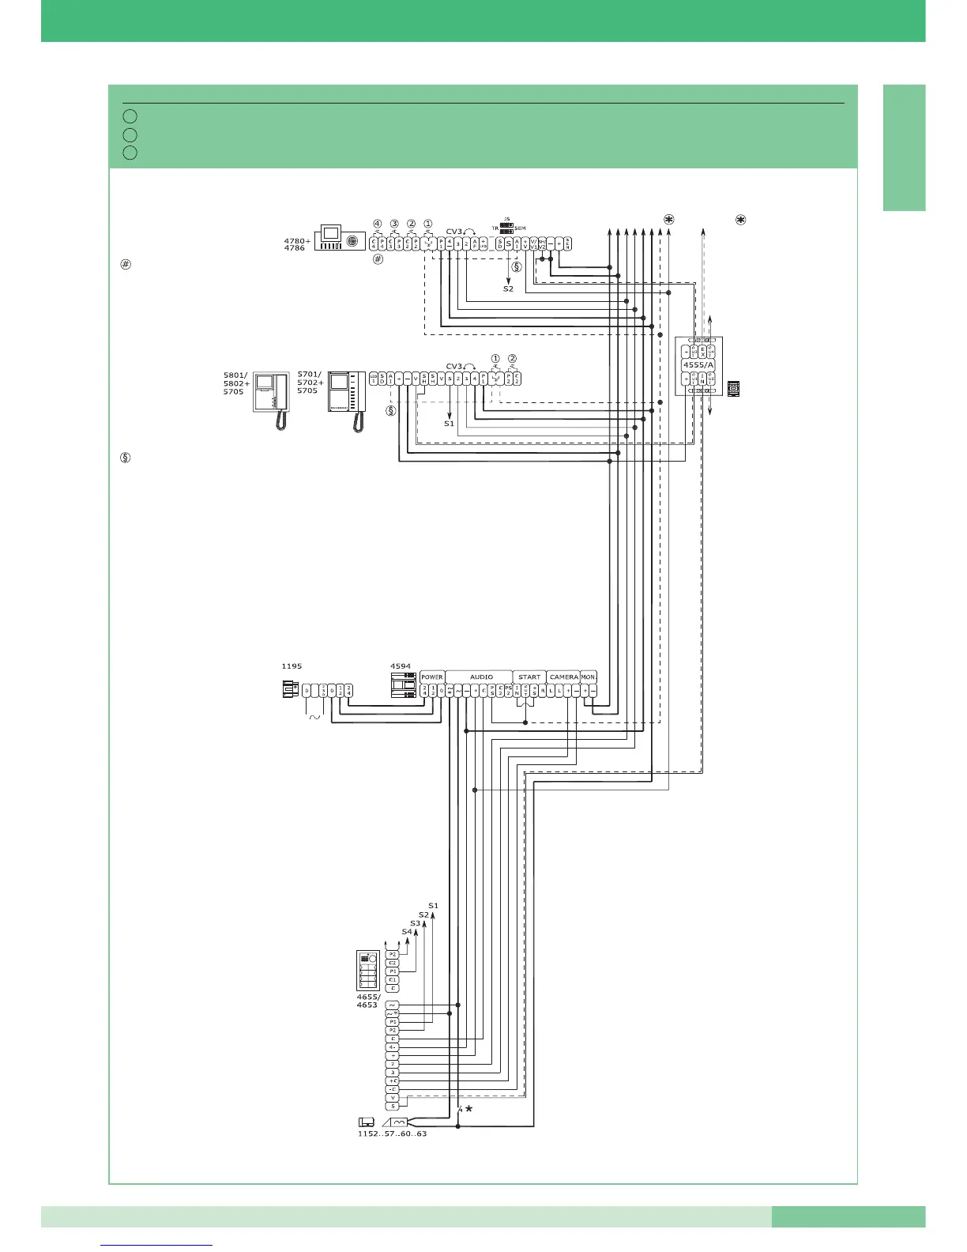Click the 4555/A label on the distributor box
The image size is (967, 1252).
point(698,364)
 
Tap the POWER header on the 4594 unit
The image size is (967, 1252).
point(432,677)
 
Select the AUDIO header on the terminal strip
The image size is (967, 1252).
point(481,677)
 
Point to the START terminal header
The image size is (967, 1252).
point(529,677)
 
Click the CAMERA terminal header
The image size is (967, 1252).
point(563,677)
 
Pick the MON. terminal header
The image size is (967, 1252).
point(589,677)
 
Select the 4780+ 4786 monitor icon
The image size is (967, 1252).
point(340,238)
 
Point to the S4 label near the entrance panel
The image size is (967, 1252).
point(406,932)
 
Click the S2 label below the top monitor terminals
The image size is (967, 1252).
point(508,289)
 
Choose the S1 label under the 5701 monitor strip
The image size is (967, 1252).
point(449,424)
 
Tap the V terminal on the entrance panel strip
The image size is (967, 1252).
point(393,1097)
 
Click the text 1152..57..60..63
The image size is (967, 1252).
point(392,1133)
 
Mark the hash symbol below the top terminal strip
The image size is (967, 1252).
point(378,258)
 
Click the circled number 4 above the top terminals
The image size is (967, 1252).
point(377,223)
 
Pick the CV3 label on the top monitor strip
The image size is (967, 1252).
point(454,232)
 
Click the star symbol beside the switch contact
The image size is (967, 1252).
point(469,1109)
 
